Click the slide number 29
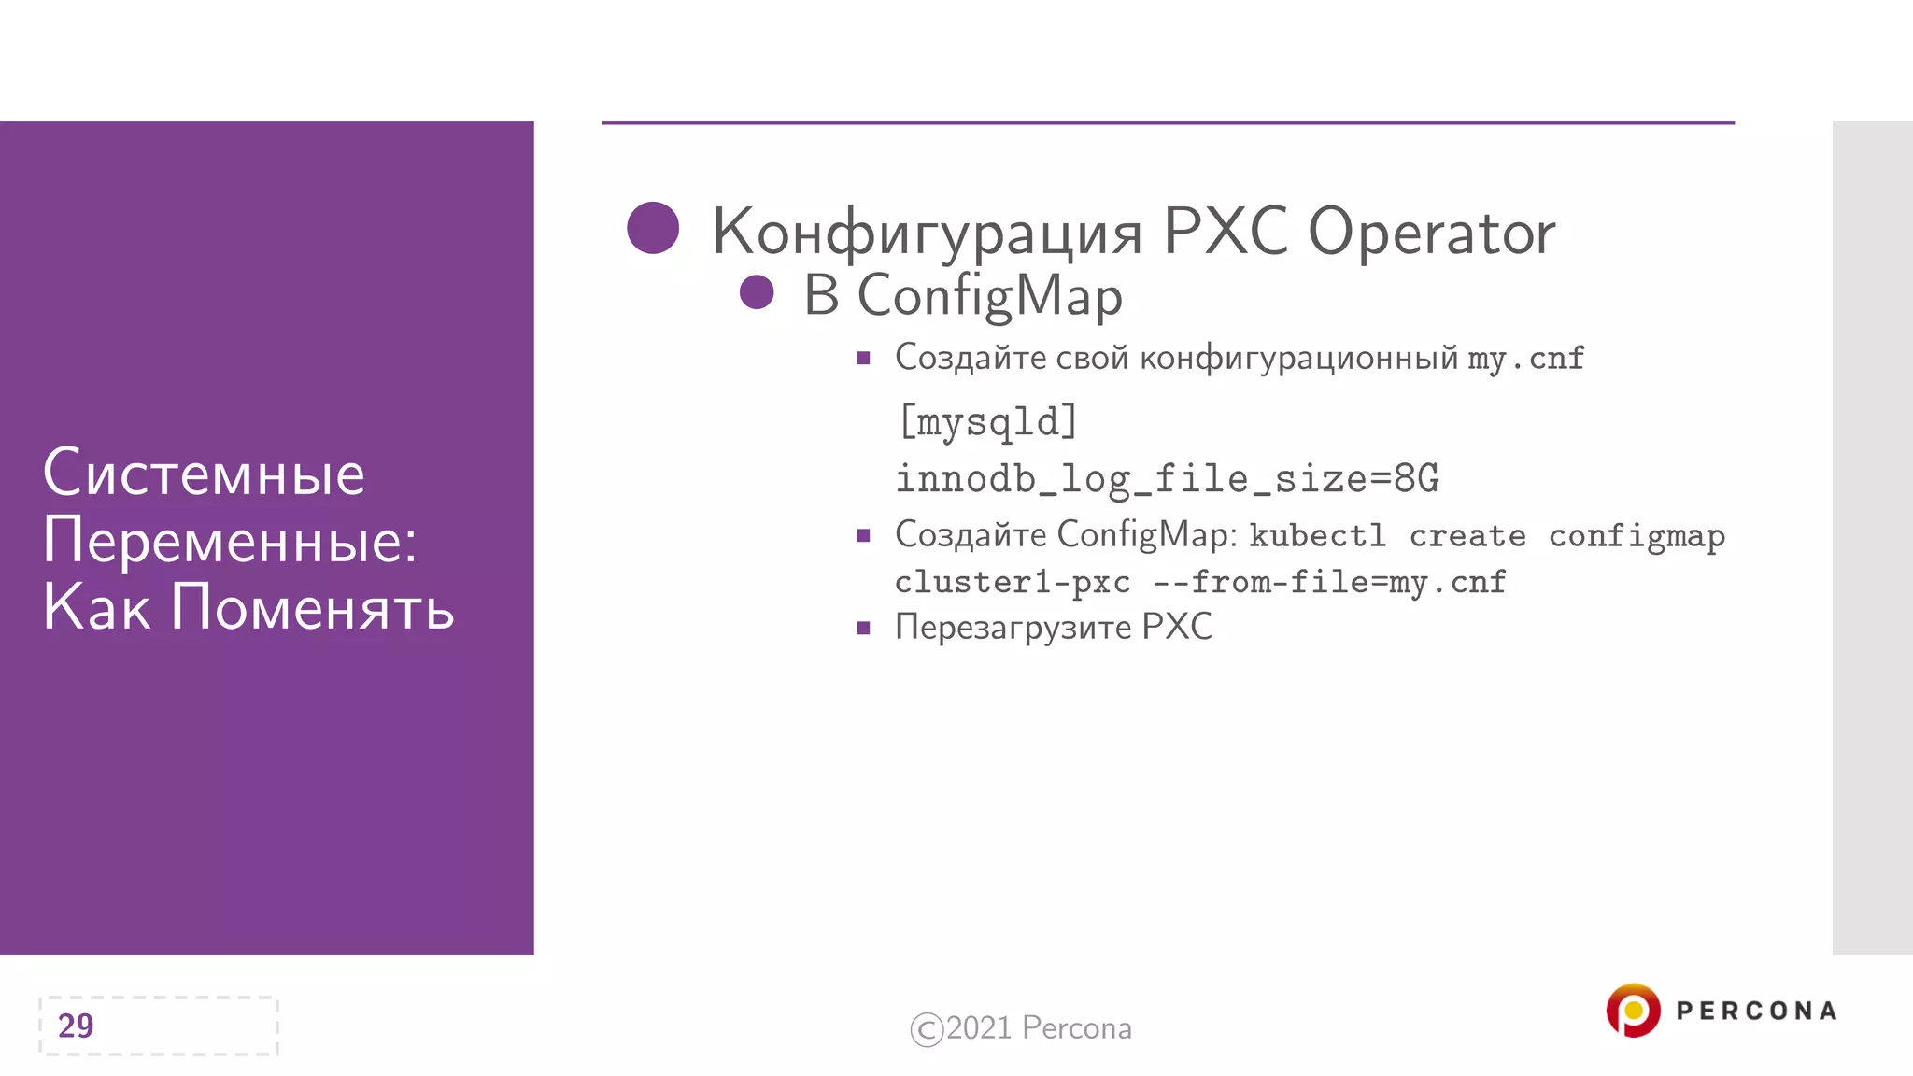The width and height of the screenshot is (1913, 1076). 76,1026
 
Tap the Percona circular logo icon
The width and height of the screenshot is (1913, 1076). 1633,1011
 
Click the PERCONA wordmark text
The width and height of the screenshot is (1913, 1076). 1756,1011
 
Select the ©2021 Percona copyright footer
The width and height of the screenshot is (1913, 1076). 1021,1028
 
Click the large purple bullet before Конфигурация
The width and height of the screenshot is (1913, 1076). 653,228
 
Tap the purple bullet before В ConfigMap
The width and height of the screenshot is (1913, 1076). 757,292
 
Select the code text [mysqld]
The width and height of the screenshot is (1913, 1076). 988,422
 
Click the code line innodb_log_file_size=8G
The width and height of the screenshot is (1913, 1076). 1167,479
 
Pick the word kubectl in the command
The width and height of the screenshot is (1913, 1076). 1318,536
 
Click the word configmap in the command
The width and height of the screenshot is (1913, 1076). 1637,537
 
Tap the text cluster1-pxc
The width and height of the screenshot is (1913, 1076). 1013,583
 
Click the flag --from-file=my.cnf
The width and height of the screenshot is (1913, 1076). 1329,583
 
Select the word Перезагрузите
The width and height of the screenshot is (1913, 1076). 1013,627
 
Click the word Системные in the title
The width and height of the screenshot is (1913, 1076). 204,474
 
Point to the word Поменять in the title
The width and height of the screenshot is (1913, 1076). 313,608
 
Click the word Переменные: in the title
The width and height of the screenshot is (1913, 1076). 230,541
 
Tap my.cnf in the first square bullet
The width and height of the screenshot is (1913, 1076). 1525,359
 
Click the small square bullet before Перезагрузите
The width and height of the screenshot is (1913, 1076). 863,629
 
